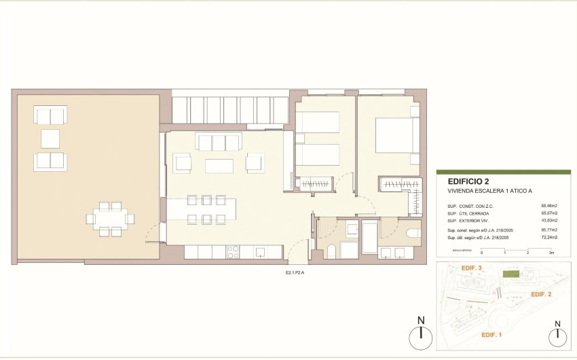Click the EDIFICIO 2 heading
coord(468,181)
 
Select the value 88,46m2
coord(548,205)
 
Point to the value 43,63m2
coord(548,221)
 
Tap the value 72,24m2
coord(548,238)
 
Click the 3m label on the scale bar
coord(551,253)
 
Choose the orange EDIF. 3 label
coord(471,269)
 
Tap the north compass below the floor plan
coord(422,332)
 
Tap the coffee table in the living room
coord(219,165)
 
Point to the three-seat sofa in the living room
coord(219,142)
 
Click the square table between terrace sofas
coord(50,139)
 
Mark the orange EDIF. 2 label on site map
coord(540,294)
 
